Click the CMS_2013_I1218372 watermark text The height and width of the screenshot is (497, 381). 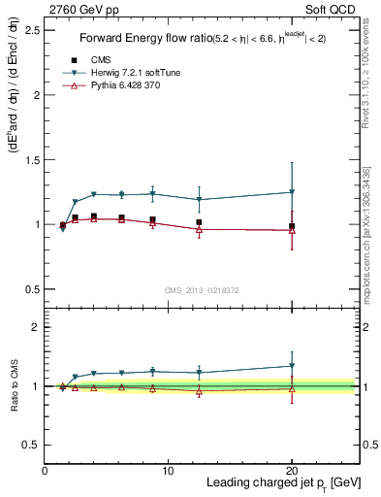point(201,290)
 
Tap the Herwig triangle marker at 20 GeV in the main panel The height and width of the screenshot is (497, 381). point(292,192)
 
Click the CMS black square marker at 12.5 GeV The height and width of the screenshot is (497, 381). point(199,222)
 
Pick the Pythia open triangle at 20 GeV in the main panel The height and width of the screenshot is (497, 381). point(292,230)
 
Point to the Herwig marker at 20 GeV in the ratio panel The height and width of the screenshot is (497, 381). point(292,366)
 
